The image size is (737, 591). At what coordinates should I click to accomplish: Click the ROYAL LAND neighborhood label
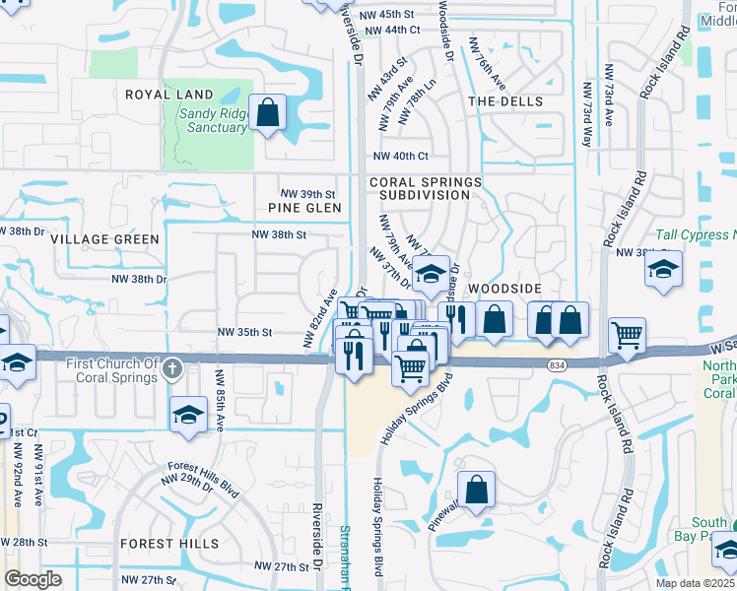(168, 95)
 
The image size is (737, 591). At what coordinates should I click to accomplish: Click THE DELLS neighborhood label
(505, 101)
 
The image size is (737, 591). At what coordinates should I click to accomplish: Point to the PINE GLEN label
(304, 208)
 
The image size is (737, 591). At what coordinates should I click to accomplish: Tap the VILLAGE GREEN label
(104, 239)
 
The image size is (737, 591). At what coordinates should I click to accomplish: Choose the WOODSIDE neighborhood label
(505, 288)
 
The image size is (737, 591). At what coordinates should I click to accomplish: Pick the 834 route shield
(557, 364)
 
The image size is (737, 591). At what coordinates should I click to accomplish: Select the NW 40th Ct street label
(400, 157)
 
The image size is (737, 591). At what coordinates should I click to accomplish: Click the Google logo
(33, 579)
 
